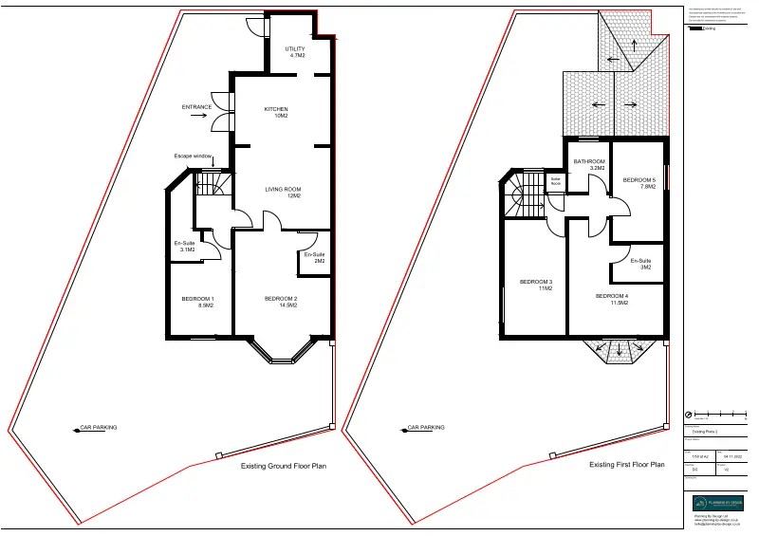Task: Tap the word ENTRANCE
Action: [x=196, y=107]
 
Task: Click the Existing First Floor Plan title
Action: [x=627, y=465]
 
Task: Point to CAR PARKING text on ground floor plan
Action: [x=99, y=428]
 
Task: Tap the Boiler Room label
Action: [x=556, y=181]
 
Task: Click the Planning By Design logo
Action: [x=717, y=503]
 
